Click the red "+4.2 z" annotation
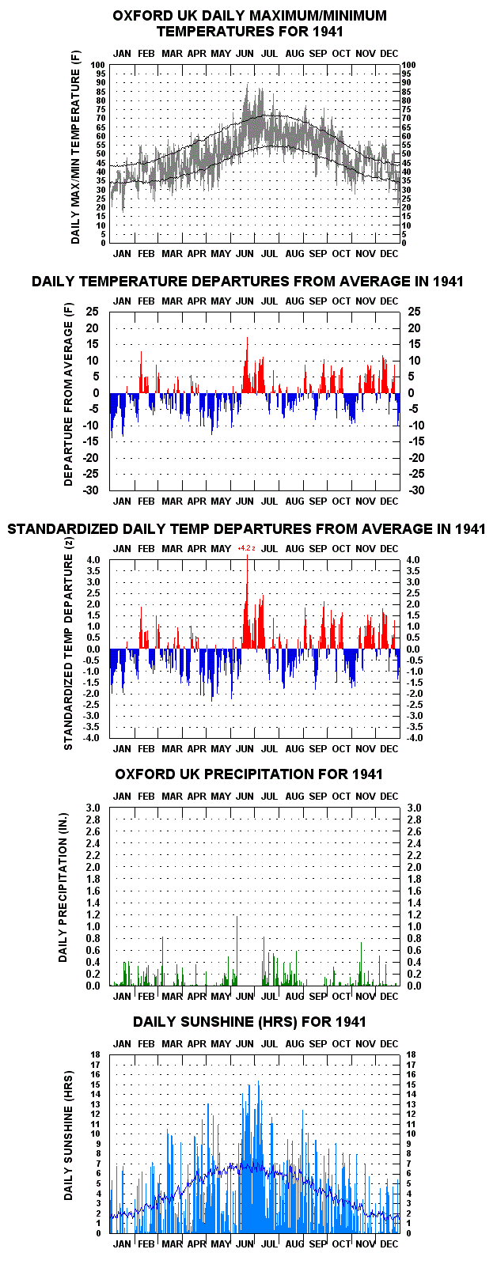pos(246,548)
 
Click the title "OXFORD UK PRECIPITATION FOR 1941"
pos(248,774)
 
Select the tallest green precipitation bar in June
pos(237,951)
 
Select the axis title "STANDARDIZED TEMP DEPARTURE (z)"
pos(69,652)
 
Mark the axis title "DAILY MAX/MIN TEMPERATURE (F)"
pos(76,147)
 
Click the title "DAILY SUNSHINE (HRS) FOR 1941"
pos(249,1022)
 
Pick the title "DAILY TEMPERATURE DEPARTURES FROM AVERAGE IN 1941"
pos(248,282)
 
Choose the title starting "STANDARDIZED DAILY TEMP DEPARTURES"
pos(246,528)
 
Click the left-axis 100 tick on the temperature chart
pos(99,65)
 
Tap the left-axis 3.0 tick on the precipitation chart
pos(93,808)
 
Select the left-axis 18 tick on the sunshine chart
pos(97,1054)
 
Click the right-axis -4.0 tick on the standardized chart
pos(415,738)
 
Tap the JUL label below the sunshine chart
pos(269,1243)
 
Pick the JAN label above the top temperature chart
pos(122,54)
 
